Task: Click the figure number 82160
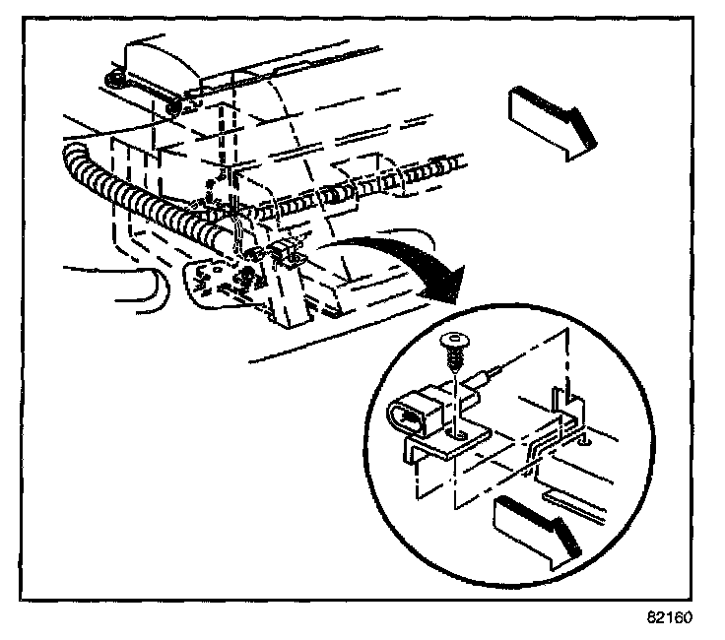tap(671, 619)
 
